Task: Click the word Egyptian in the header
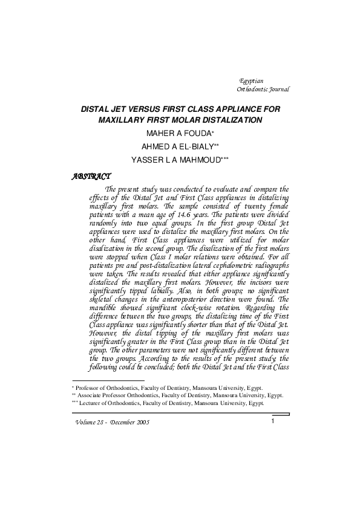point(251,80)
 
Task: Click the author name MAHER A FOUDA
point(178,134)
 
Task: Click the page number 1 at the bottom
point(273,421)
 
